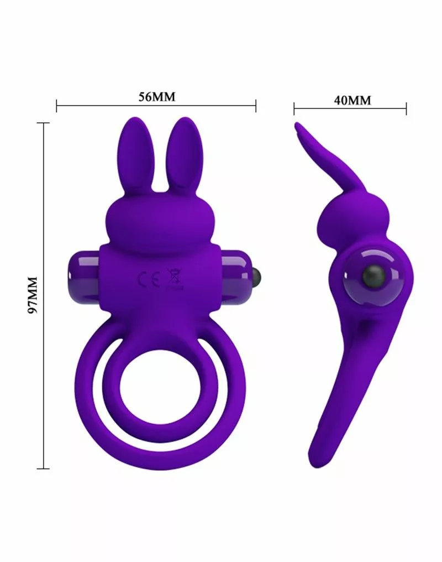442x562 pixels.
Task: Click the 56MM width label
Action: tap(156, 97)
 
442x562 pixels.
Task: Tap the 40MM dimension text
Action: tap(352, 100)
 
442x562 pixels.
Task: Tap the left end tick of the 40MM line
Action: tap(294, 108)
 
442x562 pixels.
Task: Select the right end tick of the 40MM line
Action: tap(406, 108)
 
